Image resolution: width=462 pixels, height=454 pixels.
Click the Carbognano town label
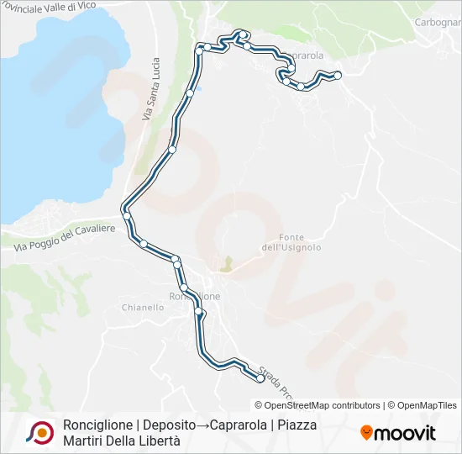click(x=438, y=22)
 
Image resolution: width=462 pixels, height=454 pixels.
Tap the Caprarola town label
click(x=304, y=55)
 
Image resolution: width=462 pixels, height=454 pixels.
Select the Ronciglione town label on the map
click(x=195, y=297)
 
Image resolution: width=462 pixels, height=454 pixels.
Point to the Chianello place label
click(x=143, y=308)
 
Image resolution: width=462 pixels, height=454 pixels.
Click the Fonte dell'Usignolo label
click(x=291, y=241)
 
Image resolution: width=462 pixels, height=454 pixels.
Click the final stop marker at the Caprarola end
click(x=338, y=76)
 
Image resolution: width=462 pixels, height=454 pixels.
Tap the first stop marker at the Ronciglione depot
click(x=260, y=379)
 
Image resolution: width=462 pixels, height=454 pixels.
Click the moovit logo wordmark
click(x=405, y=433)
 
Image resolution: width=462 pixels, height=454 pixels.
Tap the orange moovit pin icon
click(x=366, y=432)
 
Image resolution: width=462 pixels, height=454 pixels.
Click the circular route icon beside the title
click(x=40, y=432)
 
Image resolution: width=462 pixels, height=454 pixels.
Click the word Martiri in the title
click(x=87, y=441)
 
